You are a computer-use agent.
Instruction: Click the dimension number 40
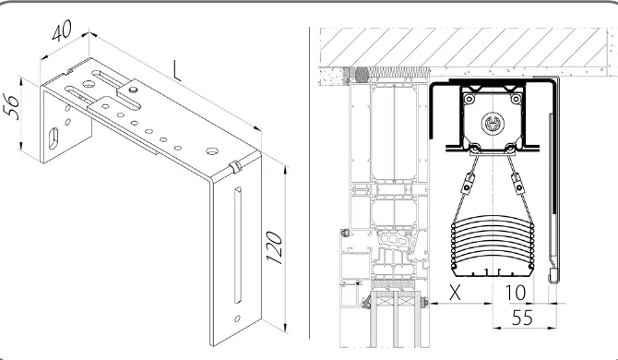tap(62, 30)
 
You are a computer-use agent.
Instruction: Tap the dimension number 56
tap(11, 106)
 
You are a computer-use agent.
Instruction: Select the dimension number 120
tap(274, 247)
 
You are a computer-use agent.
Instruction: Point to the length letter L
tap(176, 71)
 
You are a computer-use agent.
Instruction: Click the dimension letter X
tap(455, 293)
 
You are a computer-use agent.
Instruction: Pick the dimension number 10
tap(515, 293)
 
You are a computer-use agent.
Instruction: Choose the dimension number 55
tap(522, 318)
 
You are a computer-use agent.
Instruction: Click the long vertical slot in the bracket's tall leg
tap(238, 245)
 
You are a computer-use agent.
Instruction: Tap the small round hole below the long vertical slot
tap(237, 318)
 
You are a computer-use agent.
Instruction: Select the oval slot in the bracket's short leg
tap(53, 138)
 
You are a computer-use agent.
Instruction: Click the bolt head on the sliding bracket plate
tap(134, 90)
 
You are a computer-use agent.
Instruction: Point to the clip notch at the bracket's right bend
tap(235, 167)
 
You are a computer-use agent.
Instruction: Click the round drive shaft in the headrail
tap(493, 124)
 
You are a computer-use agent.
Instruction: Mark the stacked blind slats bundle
tap(493, 246)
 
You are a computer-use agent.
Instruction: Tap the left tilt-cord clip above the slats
tap(469, 184)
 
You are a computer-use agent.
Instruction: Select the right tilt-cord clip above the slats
tap(517, 184)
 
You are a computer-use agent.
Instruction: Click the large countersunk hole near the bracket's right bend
tap(212, 150)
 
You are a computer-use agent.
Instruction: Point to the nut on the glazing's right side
tap(424, 303)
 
